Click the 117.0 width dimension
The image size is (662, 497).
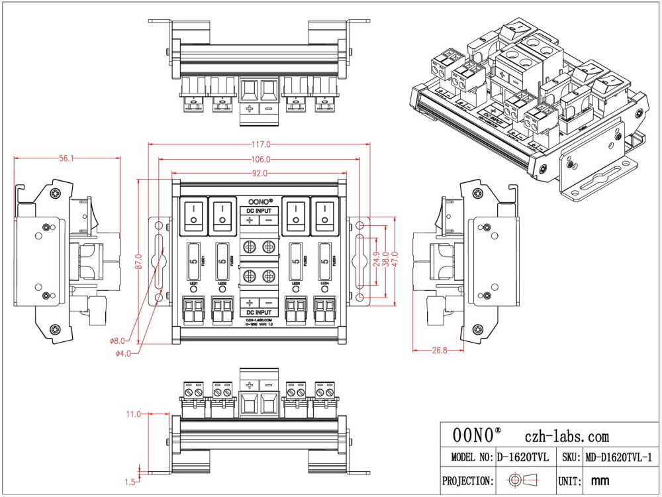260,144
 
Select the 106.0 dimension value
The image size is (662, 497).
260,159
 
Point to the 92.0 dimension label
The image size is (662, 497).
260,174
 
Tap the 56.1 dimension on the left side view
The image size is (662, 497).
66,158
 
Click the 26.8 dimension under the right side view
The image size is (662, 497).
438,350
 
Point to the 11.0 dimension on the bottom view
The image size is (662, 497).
133,414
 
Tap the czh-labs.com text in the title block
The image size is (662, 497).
566,436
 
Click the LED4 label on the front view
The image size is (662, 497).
324,284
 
